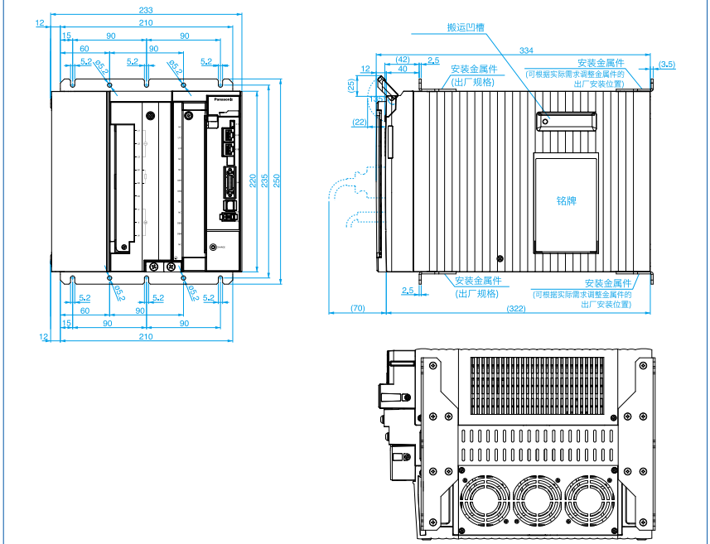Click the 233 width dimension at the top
point(146,10)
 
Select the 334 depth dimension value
point(527,51)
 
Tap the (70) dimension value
point(357,309)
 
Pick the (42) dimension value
point(403,60)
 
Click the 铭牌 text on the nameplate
point(566,200)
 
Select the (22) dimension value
point(359,122)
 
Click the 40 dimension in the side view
point(402,70)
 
